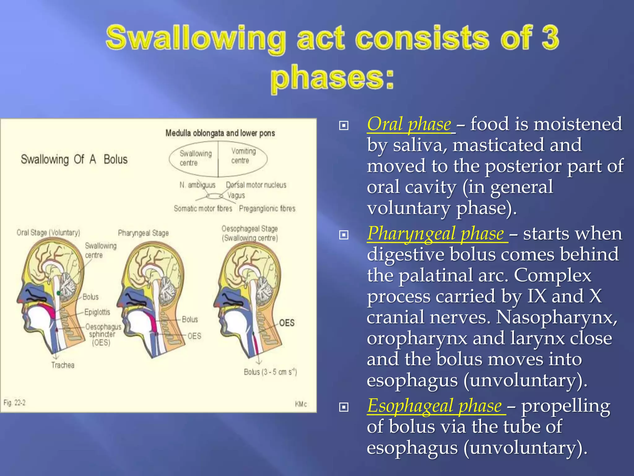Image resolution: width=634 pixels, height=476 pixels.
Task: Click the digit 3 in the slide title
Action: (550, 38)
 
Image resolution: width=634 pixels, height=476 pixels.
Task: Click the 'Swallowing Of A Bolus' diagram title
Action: (74, 159)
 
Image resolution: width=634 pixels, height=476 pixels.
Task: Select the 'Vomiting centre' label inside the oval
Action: (243, 156)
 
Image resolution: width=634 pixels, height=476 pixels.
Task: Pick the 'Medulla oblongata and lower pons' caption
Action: (220, 133)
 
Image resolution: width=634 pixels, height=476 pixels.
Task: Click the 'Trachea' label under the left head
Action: (63, 365)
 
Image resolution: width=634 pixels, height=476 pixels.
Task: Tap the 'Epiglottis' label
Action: (97, 312)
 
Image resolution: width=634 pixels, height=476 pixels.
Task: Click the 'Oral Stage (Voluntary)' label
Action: (48, 232)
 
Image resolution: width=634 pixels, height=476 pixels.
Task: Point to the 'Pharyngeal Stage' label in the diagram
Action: (143, 233)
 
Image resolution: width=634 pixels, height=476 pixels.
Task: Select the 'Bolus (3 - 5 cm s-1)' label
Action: (270, 372)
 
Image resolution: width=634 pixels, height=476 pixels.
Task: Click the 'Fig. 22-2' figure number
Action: (14, 403)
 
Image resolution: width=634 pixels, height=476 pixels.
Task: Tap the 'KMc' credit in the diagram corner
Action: (301, 404)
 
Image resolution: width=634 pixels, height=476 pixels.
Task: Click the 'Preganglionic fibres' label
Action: (267, 209)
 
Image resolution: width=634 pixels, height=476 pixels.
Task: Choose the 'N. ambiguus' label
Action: (197, 185)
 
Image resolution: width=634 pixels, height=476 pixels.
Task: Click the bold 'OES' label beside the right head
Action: (287, 323)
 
